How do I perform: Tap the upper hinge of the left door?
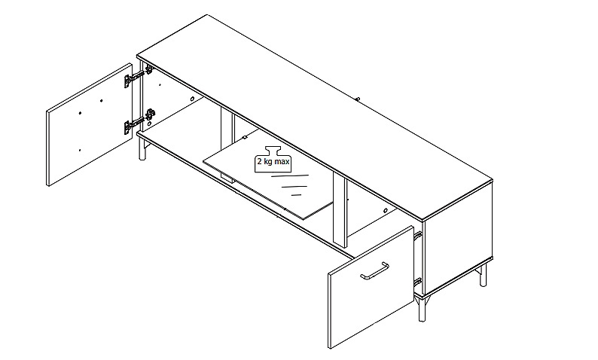(138, 76)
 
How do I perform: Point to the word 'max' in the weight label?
(282, 161)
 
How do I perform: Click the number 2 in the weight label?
(259, 161)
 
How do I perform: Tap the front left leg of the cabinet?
(142, 148)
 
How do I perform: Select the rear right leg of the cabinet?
(483, 273)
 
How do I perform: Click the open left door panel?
(89, 125)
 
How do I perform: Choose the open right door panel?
(371, 287)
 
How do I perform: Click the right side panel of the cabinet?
(459, 237)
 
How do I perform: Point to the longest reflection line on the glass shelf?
(290, 175)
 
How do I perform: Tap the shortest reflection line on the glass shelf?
(296, 195)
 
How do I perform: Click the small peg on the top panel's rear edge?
(358, 99)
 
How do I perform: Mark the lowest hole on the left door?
(80, 151)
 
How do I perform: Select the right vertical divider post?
(340, 209)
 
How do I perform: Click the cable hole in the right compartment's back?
(385, 211)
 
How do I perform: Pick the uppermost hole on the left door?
(102, 101)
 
